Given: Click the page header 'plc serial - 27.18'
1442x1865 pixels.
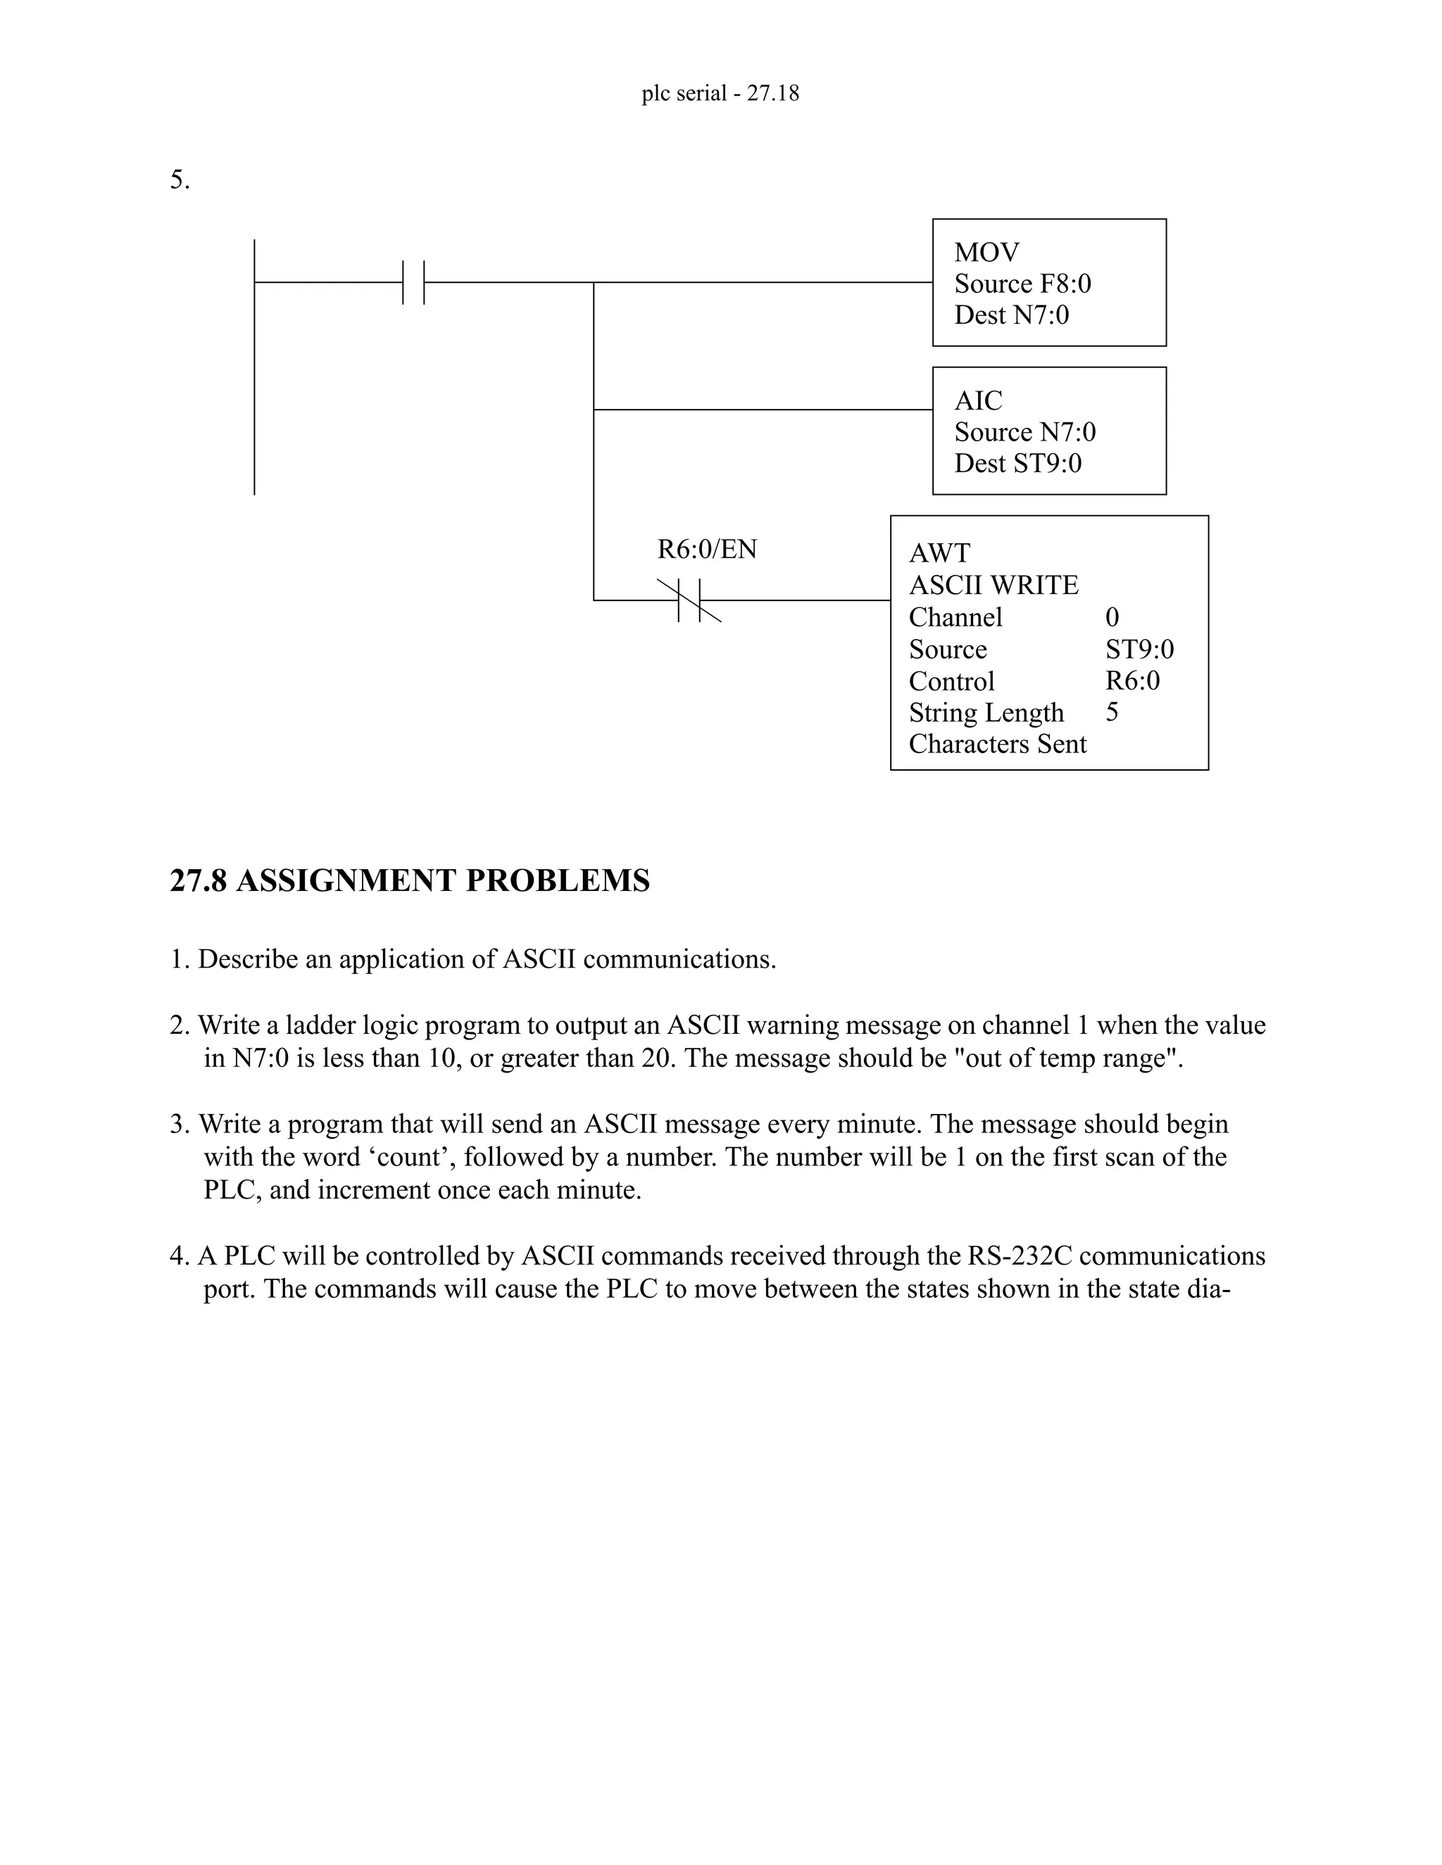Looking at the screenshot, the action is coord(720,93).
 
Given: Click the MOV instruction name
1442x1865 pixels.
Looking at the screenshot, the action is coord(986,253).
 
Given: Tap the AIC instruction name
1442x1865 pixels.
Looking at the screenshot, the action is coord(978,400).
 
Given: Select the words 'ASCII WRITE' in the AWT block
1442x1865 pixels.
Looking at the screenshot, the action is coord(993,585).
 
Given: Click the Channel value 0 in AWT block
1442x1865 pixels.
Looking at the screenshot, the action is coord(1111,617).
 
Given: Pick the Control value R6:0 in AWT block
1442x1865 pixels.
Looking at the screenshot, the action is coord(1132,681).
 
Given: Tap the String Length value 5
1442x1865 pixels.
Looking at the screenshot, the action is coord(1111,712).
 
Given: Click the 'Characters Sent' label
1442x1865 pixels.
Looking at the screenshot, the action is coord(997,744).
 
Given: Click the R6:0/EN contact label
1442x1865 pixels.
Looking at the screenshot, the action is coord(706,549).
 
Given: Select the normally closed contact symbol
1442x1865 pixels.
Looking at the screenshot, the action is coord(689,600).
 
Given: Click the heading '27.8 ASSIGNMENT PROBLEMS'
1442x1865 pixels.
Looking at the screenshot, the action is coord(410,880).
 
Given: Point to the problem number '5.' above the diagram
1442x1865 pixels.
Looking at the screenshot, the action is coord(180,180).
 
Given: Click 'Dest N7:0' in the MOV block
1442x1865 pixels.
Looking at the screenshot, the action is coord(1012,315).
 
